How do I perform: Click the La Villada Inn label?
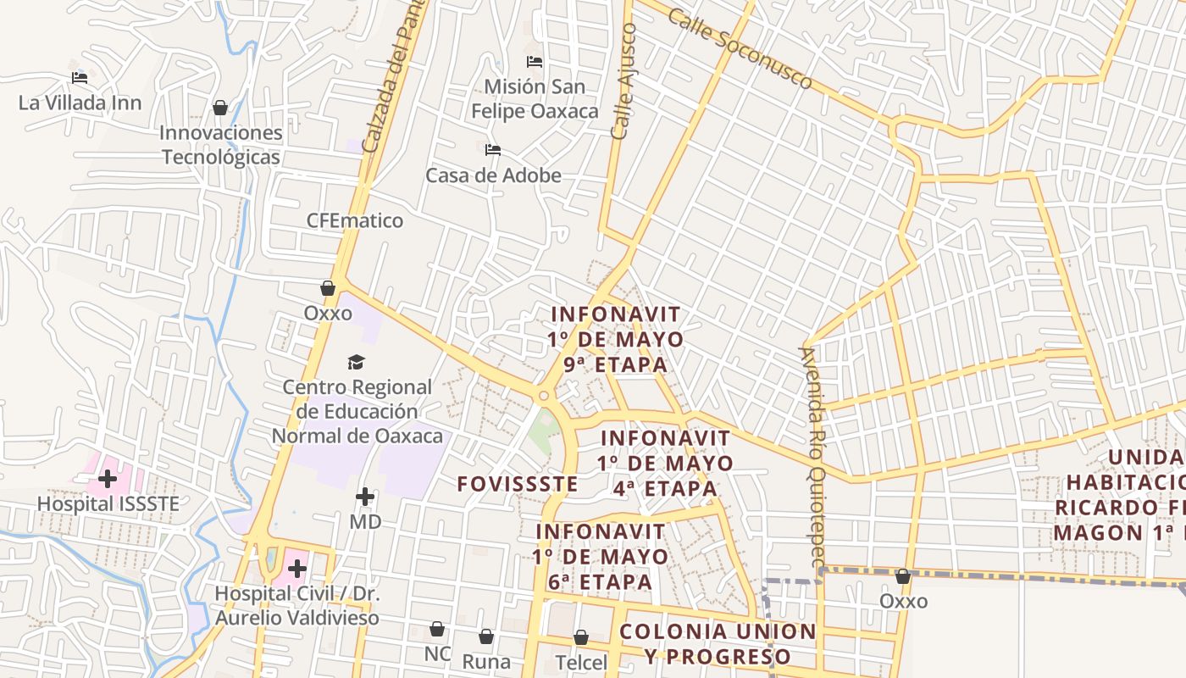(x=80, y=103)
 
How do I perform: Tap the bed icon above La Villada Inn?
(x=80, y=78)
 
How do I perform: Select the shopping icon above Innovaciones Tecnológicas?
(x=220, y=108)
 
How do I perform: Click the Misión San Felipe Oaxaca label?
(x=535, y=98)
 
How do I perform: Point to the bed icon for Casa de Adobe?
(x=493, y=151)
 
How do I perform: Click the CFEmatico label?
(x=355, y=221)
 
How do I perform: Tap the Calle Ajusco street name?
(x=623, y=81)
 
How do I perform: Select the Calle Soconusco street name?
(x=740, y=49)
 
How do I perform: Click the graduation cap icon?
(x=356, y=363)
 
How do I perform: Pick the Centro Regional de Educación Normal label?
(x=357, y=412)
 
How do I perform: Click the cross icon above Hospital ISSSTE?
(x=108, y=480)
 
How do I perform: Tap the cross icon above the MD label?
(x=365, y=497)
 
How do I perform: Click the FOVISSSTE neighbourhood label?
(x=518, y=485)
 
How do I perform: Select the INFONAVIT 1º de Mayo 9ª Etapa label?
(x=616, y=339)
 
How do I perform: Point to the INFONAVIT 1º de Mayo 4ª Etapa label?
(x=665, y=464)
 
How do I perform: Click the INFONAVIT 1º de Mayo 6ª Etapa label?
(x=601, y=557)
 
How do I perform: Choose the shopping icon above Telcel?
(x=581, y=636)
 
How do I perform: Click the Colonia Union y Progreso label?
(x=718, y=644)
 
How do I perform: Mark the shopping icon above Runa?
(x=486, y=636)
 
